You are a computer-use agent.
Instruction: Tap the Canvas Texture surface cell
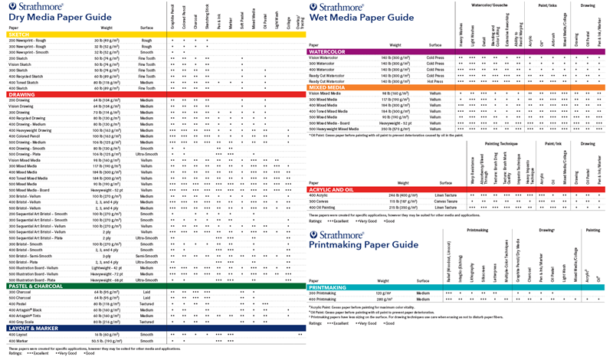[435, 201]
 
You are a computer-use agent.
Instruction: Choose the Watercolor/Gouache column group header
[491, 5]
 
